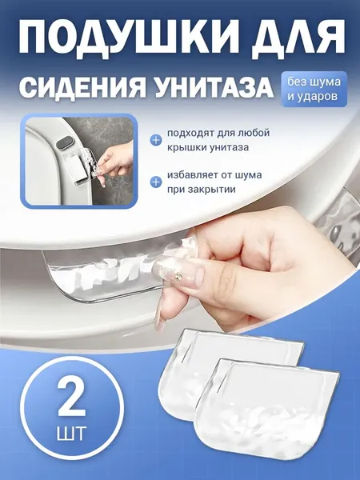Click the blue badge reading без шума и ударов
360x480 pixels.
(x=314, y=89)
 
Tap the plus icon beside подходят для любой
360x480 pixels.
(x=156, y=140)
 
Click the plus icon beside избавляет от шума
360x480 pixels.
(x=156, y=182)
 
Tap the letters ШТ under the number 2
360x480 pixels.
(x=72, y=433)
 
